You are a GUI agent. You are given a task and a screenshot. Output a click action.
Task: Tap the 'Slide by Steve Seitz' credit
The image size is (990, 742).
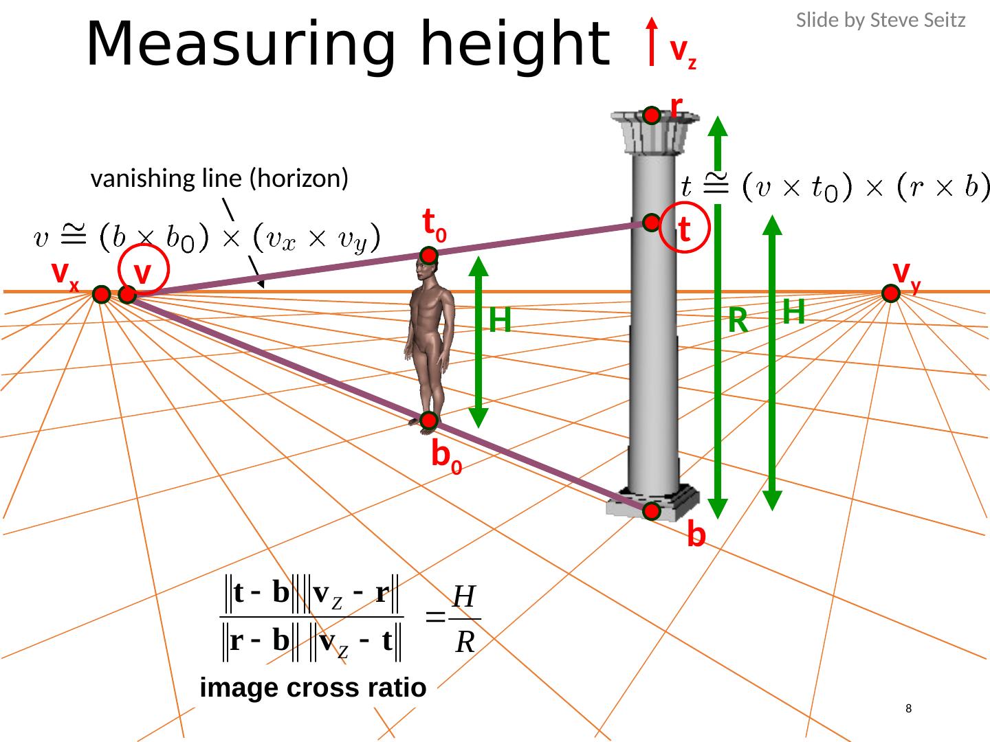(880, 21)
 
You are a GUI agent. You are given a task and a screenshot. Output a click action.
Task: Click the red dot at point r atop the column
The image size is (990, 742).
(652, 116)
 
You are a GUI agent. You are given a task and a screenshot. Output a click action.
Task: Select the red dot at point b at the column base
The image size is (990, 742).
(652, 511)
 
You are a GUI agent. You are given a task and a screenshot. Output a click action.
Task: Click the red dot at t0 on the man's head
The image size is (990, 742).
(430, 256)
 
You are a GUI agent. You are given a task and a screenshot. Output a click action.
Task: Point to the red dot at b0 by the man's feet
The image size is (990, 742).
(429, 420)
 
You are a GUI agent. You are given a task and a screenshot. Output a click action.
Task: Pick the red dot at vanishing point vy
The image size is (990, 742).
(891, 293)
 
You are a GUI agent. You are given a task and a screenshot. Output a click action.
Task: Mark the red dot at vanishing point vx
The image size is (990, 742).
(101, 295)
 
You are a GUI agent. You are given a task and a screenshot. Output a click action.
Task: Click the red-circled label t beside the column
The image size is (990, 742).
(684, 229)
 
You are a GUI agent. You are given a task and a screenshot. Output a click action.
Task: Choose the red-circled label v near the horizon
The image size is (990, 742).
(143, 273)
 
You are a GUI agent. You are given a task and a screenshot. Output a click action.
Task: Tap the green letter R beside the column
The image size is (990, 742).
(738, 320)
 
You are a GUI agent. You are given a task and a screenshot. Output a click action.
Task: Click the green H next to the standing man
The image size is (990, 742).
(500, 320)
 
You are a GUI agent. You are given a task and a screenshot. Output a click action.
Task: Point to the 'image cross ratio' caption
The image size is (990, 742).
(313, 688)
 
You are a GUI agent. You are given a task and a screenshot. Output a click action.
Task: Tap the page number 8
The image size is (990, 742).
(909, 708)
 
